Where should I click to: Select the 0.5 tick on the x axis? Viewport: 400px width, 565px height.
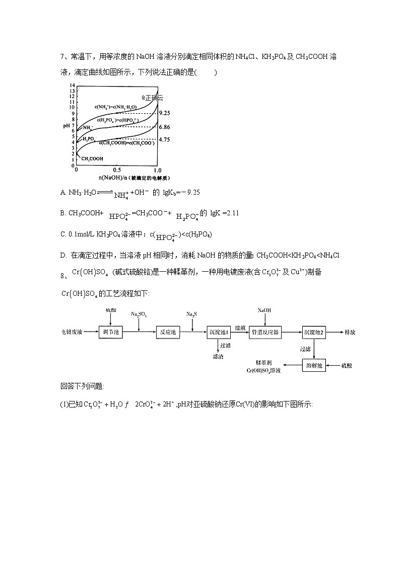[117, 170]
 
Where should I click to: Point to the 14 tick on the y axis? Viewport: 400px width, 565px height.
[73, 86]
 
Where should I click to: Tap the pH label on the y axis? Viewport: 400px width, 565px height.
[65, 125]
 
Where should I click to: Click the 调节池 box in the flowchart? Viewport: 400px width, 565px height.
[110, 333]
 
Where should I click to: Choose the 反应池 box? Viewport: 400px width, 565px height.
[167, 333]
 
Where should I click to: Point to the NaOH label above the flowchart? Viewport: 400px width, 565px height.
[264, 310]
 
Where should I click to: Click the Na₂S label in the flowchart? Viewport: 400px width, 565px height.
[191, 314]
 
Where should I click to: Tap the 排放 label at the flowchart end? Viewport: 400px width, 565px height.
[350, 333]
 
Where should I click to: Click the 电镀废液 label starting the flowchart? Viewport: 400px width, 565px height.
[72, 333]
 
